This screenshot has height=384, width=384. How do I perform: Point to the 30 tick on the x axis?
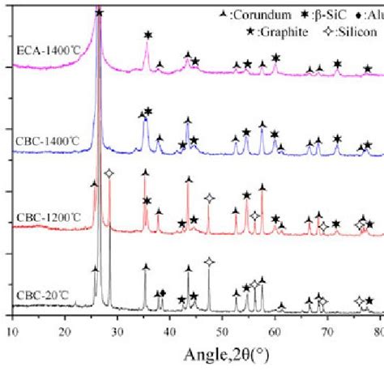(118, 331)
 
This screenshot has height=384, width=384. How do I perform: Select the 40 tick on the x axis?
(170, 331)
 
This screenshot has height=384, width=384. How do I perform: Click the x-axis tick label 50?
(223, 331)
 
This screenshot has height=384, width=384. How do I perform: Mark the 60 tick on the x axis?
(275, 331)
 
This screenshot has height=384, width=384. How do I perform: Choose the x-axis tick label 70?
(328, 331)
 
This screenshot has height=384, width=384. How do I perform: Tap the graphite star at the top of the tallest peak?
(99, 13)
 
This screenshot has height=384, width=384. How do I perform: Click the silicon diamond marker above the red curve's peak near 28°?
(109, 173)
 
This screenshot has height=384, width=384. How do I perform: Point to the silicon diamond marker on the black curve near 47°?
(209, 262)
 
